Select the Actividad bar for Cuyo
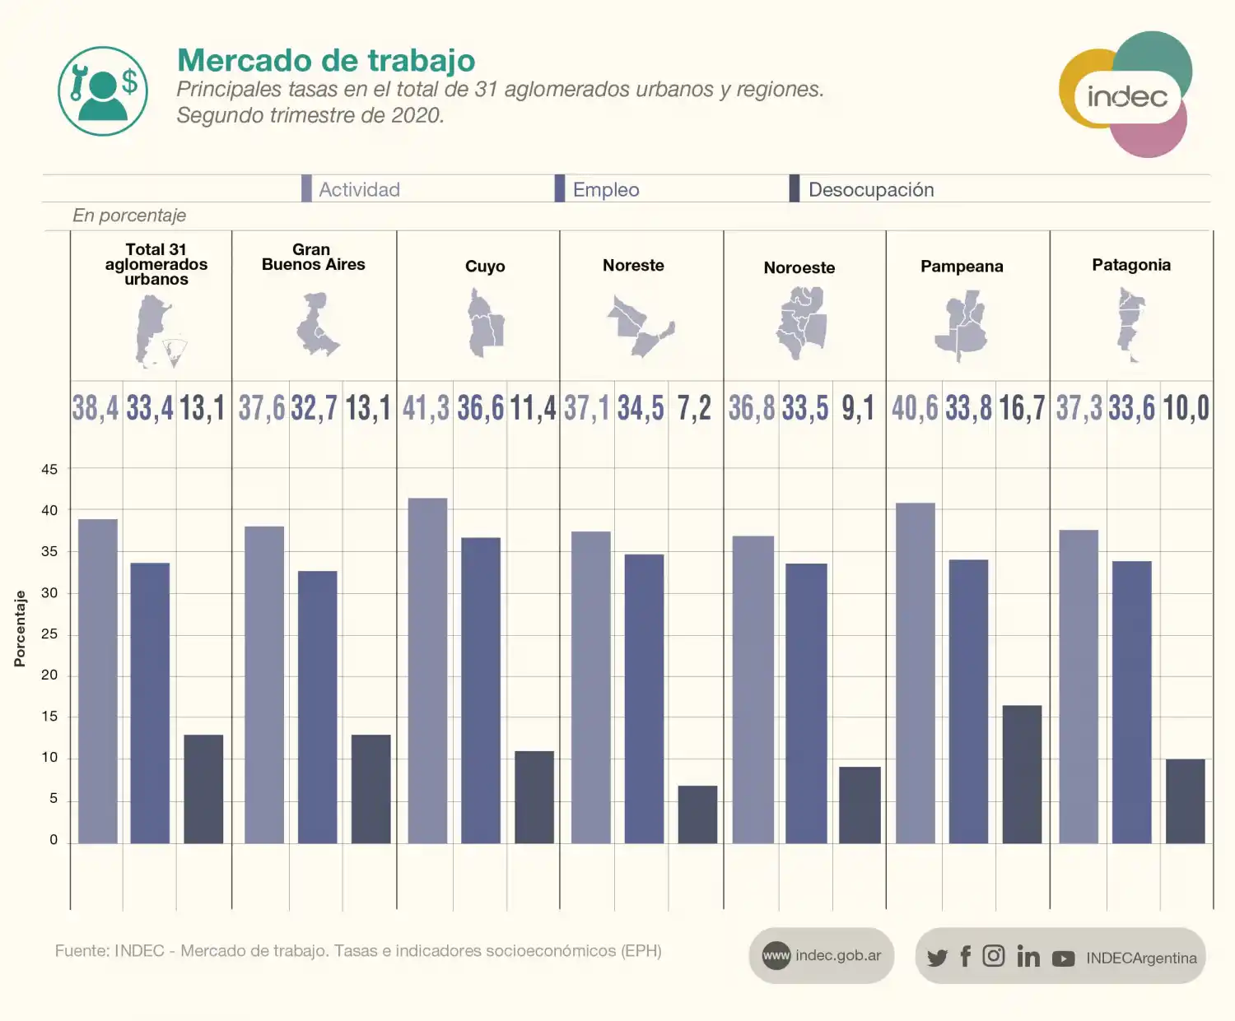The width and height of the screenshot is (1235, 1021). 427,671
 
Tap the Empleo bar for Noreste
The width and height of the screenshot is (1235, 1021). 644,698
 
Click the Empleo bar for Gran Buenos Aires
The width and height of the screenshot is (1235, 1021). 317,707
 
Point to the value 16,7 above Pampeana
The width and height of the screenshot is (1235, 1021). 1022,408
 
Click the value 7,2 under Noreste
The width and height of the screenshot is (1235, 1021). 694,408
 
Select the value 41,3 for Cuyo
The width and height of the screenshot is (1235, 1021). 426,408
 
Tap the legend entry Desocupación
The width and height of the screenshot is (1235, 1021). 870,190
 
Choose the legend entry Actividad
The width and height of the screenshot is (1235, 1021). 359,190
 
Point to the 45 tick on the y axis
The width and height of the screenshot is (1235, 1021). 49,470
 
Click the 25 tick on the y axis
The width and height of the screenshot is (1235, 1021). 49,634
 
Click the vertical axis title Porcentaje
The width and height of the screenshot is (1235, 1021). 20,629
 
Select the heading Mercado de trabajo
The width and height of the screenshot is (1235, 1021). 326,61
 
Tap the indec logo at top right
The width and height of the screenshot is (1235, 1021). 1125,95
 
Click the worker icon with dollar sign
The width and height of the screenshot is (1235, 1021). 103,91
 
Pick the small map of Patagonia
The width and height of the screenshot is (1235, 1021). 1130,324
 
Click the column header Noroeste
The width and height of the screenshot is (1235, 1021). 799,267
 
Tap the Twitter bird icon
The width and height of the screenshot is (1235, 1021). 937,958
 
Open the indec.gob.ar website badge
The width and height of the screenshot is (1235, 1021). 822,956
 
